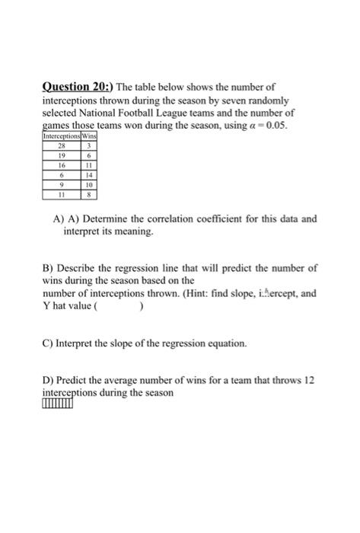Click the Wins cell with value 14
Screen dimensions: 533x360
[x=90, y=174]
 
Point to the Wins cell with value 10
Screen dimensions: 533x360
[x=90, y=184]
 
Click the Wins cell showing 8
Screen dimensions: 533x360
[x=90, y=193]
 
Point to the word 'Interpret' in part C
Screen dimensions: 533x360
[x=78, y=343]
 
